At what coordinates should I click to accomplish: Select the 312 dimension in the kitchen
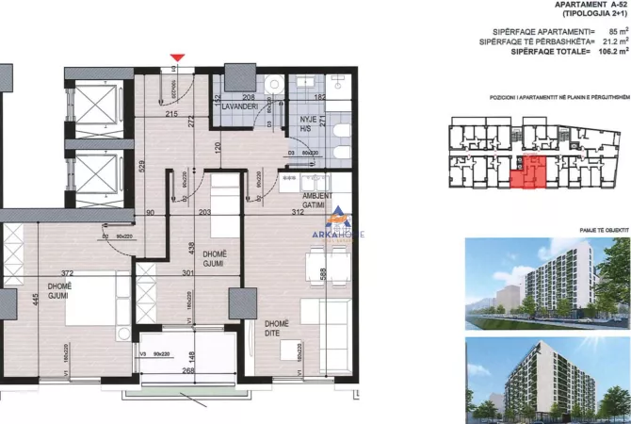click(297, 214)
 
